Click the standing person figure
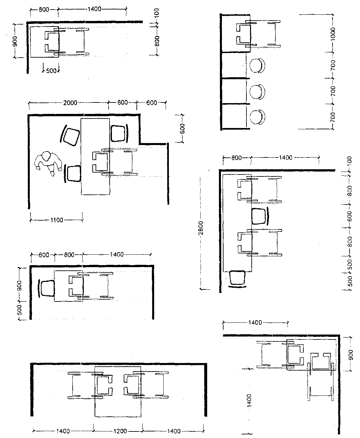48,163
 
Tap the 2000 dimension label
70,103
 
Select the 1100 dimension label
57,220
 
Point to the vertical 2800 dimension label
201,228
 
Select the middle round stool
257,92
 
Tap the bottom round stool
257,117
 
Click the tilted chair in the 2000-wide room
70,136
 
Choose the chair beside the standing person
72,173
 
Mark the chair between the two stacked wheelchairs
260,216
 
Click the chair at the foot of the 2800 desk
237,279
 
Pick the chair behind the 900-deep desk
47,288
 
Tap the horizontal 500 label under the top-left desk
51,71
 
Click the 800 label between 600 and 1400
69,255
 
